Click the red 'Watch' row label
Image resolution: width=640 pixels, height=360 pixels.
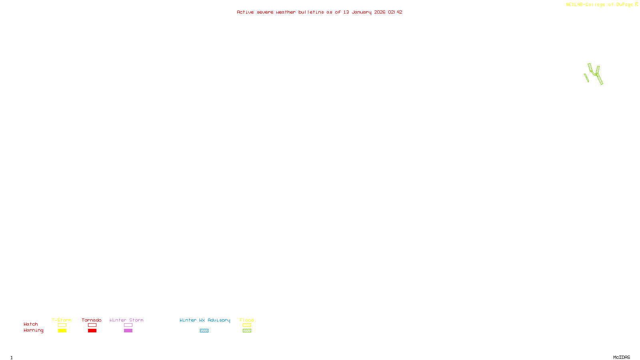31,324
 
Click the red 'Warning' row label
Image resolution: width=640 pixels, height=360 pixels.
33,330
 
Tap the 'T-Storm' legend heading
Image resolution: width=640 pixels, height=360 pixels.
62,320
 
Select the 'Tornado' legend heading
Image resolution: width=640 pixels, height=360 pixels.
92,320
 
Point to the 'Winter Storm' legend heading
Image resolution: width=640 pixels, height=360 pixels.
126,320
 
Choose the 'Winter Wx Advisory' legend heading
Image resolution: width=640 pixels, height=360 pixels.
205,320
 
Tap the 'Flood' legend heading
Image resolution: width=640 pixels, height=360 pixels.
247,320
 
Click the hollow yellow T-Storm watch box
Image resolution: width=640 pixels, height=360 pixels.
62,325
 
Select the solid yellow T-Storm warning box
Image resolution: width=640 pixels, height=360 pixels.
62,331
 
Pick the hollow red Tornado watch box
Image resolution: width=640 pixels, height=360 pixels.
92,325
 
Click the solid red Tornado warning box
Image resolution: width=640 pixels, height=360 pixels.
92,331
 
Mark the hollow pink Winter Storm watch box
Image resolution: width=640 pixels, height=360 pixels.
128,325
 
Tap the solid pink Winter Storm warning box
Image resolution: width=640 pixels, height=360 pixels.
128,331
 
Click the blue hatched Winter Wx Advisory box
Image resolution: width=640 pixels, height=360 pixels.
204,331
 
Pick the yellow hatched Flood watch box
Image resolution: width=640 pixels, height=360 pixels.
247,325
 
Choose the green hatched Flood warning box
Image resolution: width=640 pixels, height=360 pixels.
247,331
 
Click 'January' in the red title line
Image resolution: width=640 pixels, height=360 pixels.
362,12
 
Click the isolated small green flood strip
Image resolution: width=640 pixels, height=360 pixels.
586,78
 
